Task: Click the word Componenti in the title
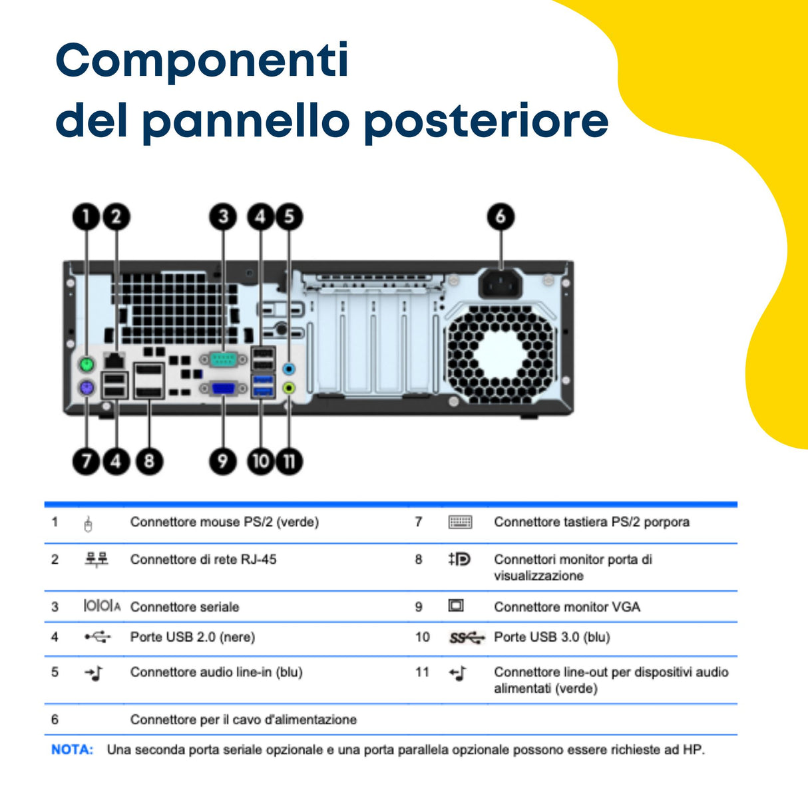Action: coord(202,61)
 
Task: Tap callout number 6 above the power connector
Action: coord(501,216)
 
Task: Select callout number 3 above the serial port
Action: coord(223,216)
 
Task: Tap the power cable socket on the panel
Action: coord(501,285)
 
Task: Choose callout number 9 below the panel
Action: coord(223,461)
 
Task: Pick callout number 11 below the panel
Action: coord(289,461)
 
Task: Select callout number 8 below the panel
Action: coord(149,461)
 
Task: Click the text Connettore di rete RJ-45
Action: coord(203,560)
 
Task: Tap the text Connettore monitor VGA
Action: coord(566,607)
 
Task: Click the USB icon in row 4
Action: coord(97,638)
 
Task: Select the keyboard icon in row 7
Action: coord(460,522)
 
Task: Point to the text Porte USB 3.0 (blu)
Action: coord(552,637)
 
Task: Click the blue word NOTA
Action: coord(72,750)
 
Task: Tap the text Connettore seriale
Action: coord(184,607)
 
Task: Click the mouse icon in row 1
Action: coord(89,524)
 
